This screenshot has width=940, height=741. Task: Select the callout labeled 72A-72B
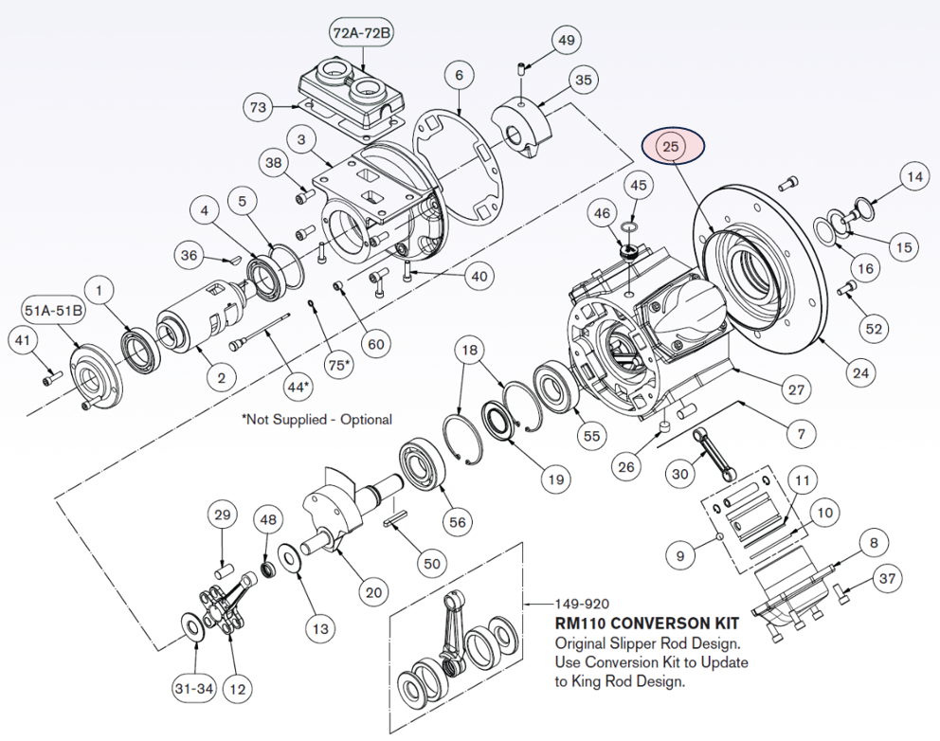(361, 33)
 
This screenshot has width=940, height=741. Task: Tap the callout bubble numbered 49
(566, 41)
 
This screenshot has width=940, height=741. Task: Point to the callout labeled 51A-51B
(52, 309)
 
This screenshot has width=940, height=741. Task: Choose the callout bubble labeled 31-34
(192, 688)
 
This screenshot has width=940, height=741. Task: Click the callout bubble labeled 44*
(298, 387)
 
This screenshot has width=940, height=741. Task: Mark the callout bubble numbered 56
(458, 522)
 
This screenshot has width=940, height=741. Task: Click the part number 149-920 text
(579, 603)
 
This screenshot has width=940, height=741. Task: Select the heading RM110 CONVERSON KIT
(646, 625)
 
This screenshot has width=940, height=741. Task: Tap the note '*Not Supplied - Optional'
(316, 419)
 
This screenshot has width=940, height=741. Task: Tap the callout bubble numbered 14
(913, 177)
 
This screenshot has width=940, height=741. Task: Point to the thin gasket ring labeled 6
(455, 166)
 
